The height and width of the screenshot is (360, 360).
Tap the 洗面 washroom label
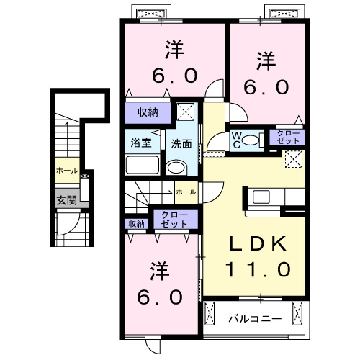(181, 143)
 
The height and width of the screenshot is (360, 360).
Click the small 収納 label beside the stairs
(136, 224)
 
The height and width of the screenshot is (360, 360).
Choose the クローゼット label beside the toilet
(287, 137)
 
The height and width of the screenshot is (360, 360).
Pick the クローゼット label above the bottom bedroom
(174, 219)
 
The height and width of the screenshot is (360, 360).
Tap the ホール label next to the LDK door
(184, 192)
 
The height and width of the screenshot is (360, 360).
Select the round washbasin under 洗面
(175, 168)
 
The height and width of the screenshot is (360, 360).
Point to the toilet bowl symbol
(253, 140)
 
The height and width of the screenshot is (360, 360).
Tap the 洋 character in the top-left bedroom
(174, 50)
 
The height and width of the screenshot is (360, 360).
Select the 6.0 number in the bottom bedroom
(165, 295)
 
